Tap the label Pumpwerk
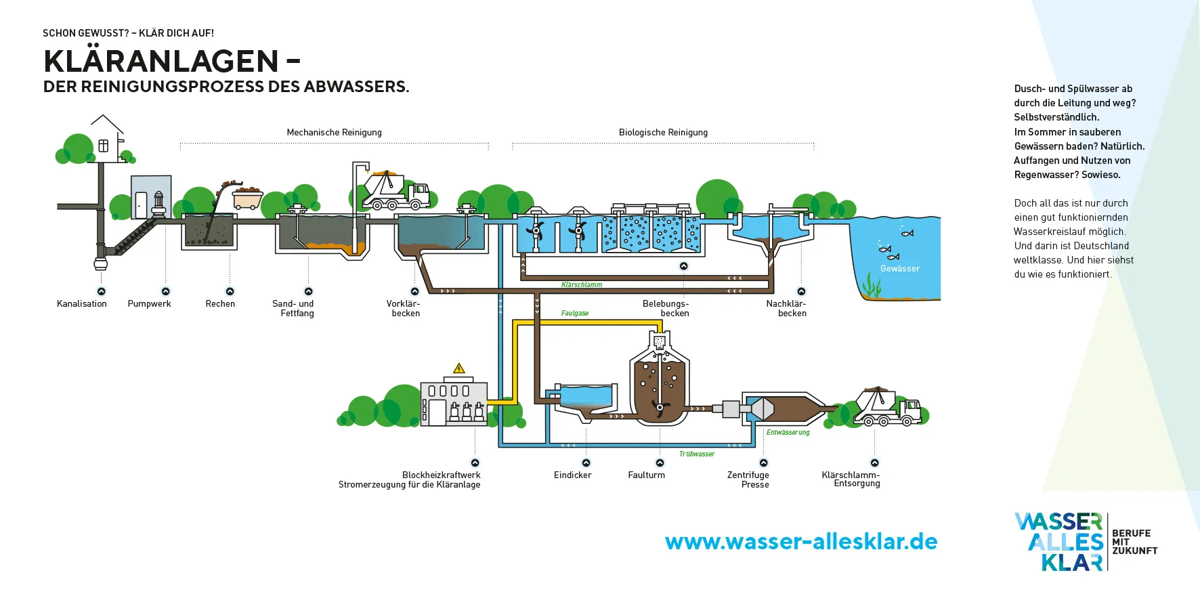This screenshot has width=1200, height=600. (149, 304)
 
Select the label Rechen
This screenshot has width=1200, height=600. (220, 304)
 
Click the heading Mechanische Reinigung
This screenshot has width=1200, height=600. (334, 133)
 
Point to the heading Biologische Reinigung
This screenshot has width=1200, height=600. (663, 133)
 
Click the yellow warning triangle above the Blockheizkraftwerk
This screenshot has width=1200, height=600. (459, 368)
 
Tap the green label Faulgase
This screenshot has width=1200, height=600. (574, 313)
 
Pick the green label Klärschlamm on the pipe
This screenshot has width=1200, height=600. (581, 285)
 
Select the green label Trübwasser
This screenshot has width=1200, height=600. (696, 454)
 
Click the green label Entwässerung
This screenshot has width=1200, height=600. (788, 433)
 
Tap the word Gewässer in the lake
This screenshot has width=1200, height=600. (900, 269)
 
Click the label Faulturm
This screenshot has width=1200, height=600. (646, 475)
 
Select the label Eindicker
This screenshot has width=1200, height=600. (572, 475)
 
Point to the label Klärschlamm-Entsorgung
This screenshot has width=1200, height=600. (851, 479)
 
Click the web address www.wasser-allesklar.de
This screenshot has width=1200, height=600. (801, 542)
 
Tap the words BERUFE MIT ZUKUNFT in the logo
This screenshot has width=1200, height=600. (1134, 542)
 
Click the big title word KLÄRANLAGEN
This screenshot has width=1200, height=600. (161, 62)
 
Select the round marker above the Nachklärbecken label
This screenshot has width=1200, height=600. (801, 292)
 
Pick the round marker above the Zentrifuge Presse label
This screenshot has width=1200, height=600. (764, 463)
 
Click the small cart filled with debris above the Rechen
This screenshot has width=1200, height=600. (247, 198)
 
